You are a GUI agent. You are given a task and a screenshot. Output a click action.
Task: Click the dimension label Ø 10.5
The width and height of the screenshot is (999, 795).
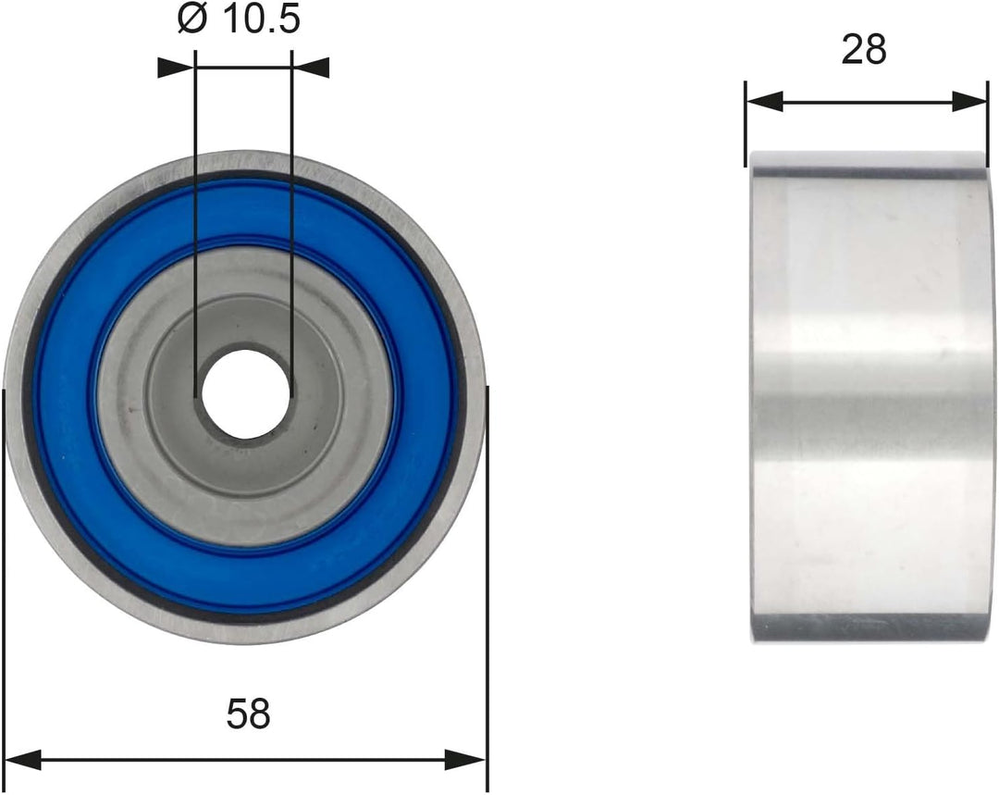pos(238,20)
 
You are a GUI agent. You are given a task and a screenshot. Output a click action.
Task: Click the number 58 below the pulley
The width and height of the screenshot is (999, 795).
pos(249,714)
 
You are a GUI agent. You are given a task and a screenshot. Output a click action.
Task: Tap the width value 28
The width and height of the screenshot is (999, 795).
pos(863,49)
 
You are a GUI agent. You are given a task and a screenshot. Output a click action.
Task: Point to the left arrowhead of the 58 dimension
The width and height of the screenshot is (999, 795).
pos(23,759)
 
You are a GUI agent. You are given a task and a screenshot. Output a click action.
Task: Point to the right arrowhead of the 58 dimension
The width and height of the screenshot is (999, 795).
pos(465,759)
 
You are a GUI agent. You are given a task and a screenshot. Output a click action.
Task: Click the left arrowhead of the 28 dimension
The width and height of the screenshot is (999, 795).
pos(765,101)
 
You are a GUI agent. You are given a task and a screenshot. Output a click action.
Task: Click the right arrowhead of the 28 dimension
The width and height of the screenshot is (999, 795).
pos(969,101)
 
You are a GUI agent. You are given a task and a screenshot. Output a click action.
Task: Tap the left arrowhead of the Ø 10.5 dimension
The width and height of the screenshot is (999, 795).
pos(175,68)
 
